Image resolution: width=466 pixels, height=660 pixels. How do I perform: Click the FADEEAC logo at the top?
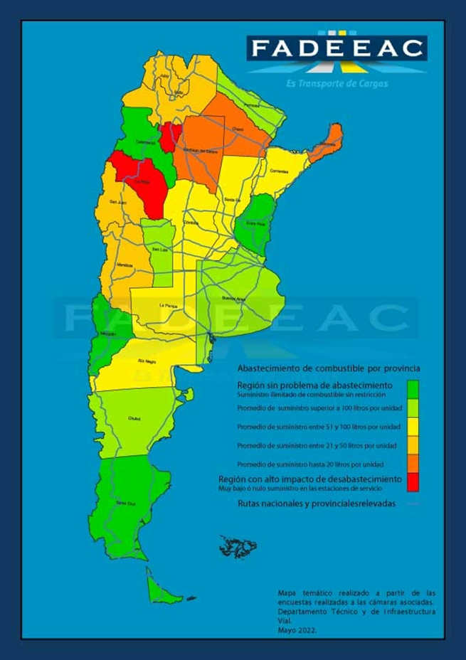[337, 49]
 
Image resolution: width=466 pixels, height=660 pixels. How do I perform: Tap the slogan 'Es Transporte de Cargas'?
[337, 82]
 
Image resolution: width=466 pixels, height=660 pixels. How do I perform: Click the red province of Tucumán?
[170, 137]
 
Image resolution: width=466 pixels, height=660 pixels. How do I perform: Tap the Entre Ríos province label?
[255, 223]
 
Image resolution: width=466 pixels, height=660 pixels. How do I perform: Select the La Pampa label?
[166, 306]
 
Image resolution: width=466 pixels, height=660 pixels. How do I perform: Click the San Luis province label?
[159, 250]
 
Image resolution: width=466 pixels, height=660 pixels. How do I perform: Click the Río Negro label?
[147, 361]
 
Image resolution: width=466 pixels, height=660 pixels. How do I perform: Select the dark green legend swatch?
[413, 388]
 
